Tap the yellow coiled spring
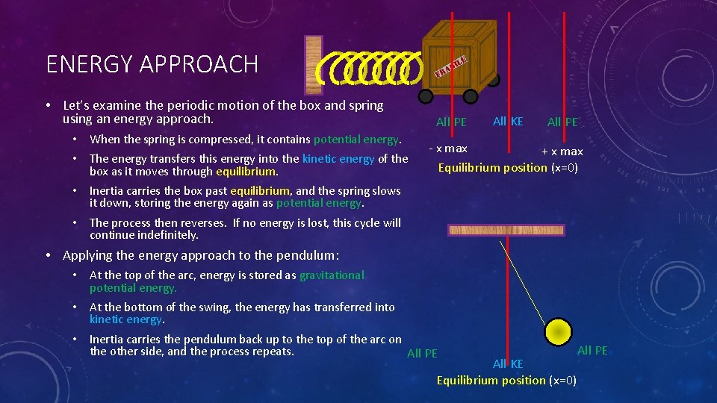[x=367, y=69]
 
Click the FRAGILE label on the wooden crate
[x=450, y=66]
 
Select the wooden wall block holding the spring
[x=314, y=65]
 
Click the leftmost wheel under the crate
[x=426, y=96]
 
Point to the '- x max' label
[x=448, y=149]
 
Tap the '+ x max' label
[x=562, y=151]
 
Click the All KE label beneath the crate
[x=508, y=121]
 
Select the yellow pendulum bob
[x=558, y=331]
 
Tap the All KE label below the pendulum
[x=508, y=363]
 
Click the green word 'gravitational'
[x=332, y=275]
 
